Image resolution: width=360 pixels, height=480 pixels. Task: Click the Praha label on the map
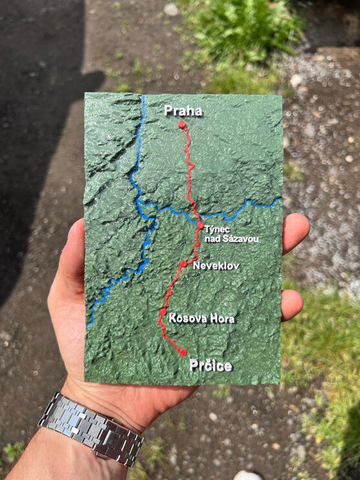[x=183, y=111]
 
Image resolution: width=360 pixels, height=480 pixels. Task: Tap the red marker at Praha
[x=182, y=124]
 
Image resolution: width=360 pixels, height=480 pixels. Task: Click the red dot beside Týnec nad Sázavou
[x=200, y=226]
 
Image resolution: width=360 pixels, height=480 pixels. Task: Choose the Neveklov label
[x=216, y=265]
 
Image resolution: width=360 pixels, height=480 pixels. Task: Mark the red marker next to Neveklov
[x=184, y=263]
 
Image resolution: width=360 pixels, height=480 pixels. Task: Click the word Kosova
[x=185, y=318]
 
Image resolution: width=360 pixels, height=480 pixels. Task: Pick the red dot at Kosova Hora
[x=163, y=312]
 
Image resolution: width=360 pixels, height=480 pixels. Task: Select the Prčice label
[x=210, y=366]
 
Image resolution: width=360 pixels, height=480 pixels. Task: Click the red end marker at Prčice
[x=183, y=353]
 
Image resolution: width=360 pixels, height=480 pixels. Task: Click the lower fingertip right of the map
[x=293, y=304]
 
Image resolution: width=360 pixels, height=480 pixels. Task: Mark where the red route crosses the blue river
[x=197, y=215]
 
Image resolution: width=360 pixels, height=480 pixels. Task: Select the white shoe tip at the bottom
[x=249, y=475]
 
